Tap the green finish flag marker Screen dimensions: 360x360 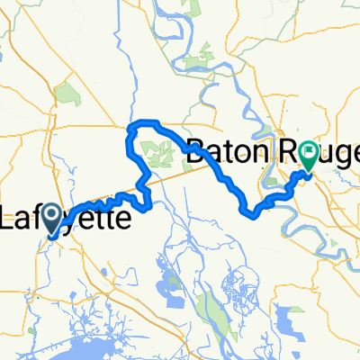tap(309, 155)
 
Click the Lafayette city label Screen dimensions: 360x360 tap(67, 218)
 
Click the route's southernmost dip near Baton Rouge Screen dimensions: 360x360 tap(251, 212)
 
